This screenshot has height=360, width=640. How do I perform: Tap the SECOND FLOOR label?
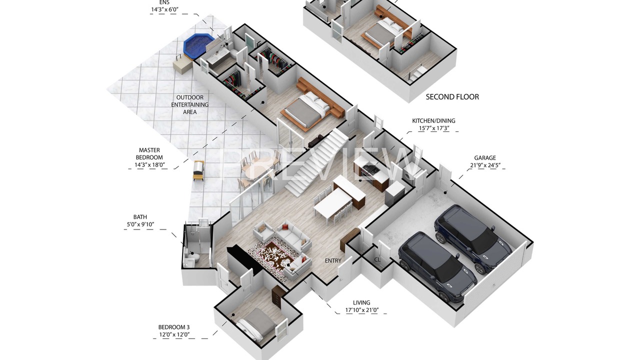coord(452,97)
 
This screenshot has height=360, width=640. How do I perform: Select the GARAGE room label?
coord(485,157)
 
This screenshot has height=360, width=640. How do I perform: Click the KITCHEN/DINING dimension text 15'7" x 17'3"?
coord(433,128)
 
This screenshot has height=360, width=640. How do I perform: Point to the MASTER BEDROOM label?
coord(149,153)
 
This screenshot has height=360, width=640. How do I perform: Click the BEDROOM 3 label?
coord(174,327)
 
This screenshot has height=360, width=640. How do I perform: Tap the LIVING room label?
coord(361,302)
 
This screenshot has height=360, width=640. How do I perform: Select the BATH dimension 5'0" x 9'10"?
coord(140,224)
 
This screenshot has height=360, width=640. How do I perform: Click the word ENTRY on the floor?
coord(333,260)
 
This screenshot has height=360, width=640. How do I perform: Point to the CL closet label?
coord(377,259)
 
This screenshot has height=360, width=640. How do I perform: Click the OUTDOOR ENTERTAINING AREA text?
coord(189,104)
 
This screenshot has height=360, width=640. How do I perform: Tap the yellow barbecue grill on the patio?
coord(198,170)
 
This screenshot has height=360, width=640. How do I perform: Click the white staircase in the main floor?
coord(317,161)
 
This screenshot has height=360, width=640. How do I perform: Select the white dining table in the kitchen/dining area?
coord(333,202)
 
